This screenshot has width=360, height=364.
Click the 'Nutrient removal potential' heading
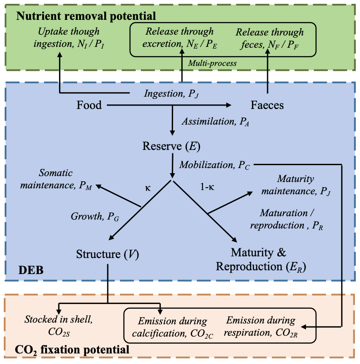[86, 16]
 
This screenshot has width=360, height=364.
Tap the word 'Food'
[89, 105]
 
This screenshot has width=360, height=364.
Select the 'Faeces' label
[267, 105]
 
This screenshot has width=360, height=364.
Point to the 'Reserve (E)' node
[171, 146]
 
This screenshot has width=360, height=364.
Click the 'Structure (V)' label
[108, 254]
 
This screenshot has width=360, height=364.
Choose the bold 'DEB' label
[31, 270]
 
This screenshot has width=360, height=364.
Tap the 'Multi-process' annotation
[212, 63]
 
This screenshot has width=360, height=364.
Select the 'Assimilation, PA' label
[216, 122]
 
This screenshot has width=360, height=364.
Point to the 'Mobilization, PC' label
[214, 165]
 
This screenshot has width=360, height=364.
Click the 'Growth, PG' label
[95, 217]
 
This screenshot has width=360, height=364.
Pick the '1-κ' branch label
[207, 187]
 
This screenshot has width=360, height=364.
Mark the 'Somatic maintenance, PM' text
[56, 179]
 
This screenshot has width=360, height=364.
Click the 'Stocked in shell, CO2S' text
[59, 326]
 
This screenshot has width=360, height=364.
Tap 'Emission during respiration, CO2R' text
[261, 326]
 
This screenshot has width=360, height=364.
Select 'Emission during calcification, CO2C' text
[172, 328]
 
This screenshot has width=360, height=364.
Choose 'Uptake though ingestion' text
[69, 38]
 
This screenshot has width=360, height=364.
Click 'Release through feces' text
[270, 38]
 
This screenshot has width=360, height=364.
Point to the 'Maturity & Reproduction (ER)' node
[261, 260]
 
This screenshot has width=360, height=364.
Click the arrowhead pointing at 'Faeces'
[229, 105]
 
